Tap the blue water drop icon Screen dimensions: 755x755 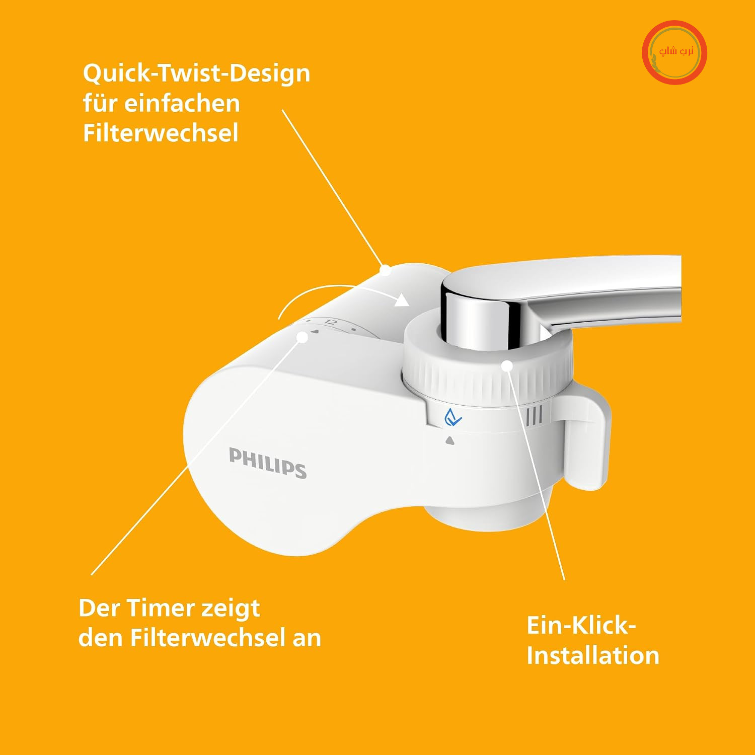tap(452, 417)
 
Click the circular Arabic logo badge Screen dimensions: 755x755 tap(674, 52)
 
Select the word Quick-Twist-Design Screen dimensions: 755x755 tap(196, 73)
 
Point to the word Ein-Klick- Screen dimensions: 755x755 tap(581, 626)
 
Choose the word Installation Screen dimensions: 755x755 tap(593, 656)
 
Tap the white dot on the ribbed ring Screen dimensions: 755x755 tap(507, 366)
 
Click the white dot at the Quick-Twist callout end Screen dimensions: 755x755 tap(385, 270)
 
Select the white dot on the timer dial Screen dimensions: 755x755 tap(303, 337)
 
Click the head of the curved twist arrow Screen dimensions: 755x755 tap(401, 300)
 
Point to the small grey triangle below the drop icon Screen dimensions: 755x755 tap(450, 441)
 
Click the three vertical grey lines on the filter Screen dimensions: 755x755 tap(534, 416)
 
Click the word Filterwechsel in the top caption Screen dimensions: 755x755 tap(161, 133)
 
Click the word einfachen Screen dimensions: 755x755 tap(182, 104)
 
